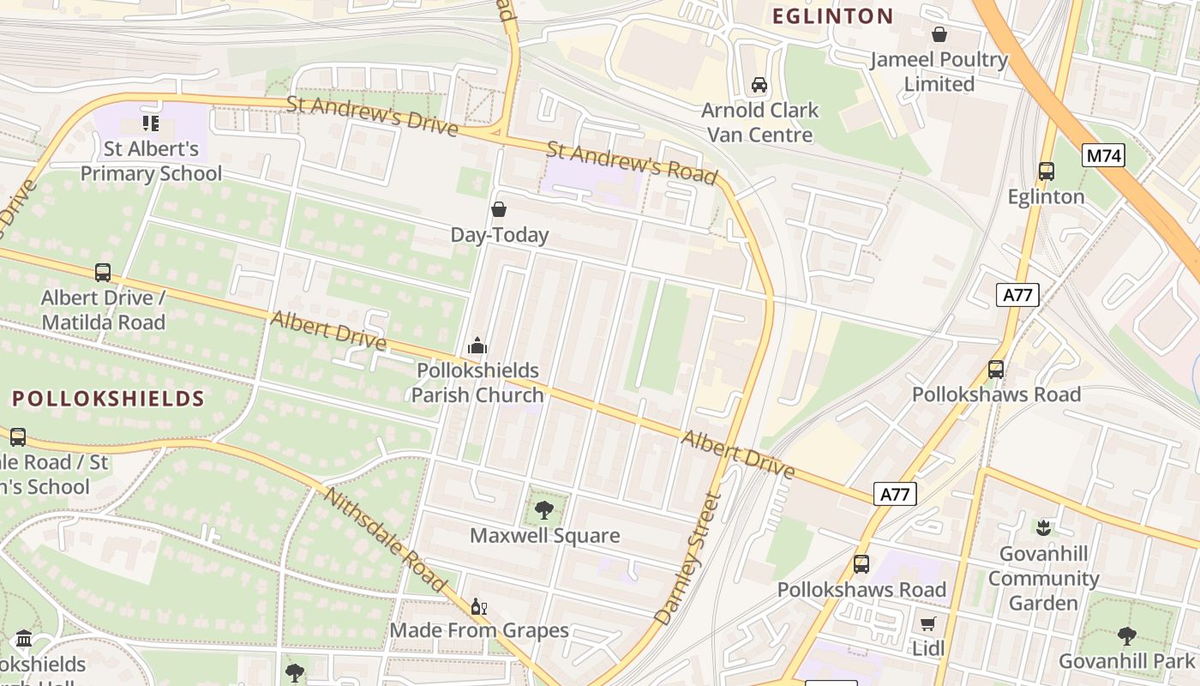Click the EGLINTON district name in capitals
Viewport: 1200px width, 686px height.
pos(832,16)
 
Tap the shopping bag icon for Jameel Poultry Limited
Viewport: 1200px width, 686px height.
pos(939,35)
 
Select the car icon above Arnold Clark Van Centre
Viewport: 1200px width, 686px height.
pos(759,85)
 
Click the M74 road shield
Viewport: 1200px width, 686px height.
pos(1103,155)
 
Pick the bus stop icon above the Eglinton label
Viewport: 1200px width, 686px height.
pos(1046,171)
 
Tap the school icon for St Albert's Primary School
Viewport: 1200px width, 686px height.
pos(151,123)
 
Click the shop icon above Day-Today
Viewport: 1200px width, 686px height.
pos(499,209)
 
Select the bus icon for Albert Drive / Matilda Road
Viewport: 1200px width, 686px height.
pos(103,273)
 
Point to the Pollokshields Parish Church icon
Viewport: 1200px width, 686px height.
pos(477,346)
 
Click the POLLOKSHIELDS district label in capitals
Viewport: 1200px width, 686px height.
pos(109,399)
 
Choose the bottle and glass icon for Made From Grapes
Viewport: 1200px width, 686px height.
pos(478,606)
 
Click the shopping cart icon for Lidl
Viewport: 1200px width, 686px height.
pos(927,623)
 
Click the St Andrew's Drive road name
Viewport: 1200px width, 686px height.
pos(372,115)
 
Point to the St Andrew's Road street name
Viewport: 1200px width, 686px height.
pos(631,163)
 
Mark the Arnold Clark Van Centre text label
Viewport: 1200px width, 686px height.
pos(759,123)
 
